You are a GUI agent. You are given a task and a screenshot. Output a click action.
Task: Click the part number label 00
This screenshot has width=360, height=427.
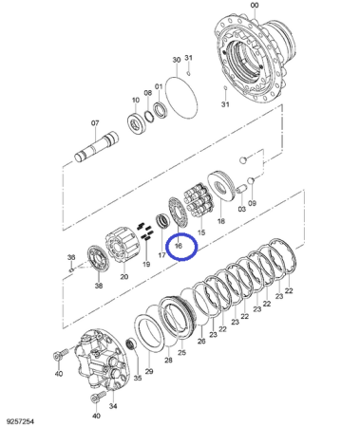pyautogui.click(x=255, y=5)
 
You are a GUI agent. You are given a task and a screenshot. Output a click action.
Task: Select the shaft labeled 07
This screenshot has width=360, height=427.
pyautogui.click(x=96, y=148)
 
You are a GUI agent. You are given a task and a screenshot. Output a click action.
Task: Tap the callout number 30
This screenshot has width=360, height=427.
pyautogui.click(x=177, y=60)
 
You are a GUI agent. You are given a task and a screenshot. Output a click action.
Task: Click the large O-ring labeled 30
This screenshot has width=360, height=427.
pyautogui.click(x=181, y=98)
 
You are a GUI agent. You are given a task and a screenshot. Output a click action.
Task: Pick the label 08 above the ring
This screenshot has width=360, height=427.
pyautogui.click(x=148, y=93)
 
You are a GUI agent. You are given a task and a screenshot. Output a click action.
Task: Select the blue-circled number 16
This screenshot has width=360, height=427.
pyautogui.click(x=179, y=246)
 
